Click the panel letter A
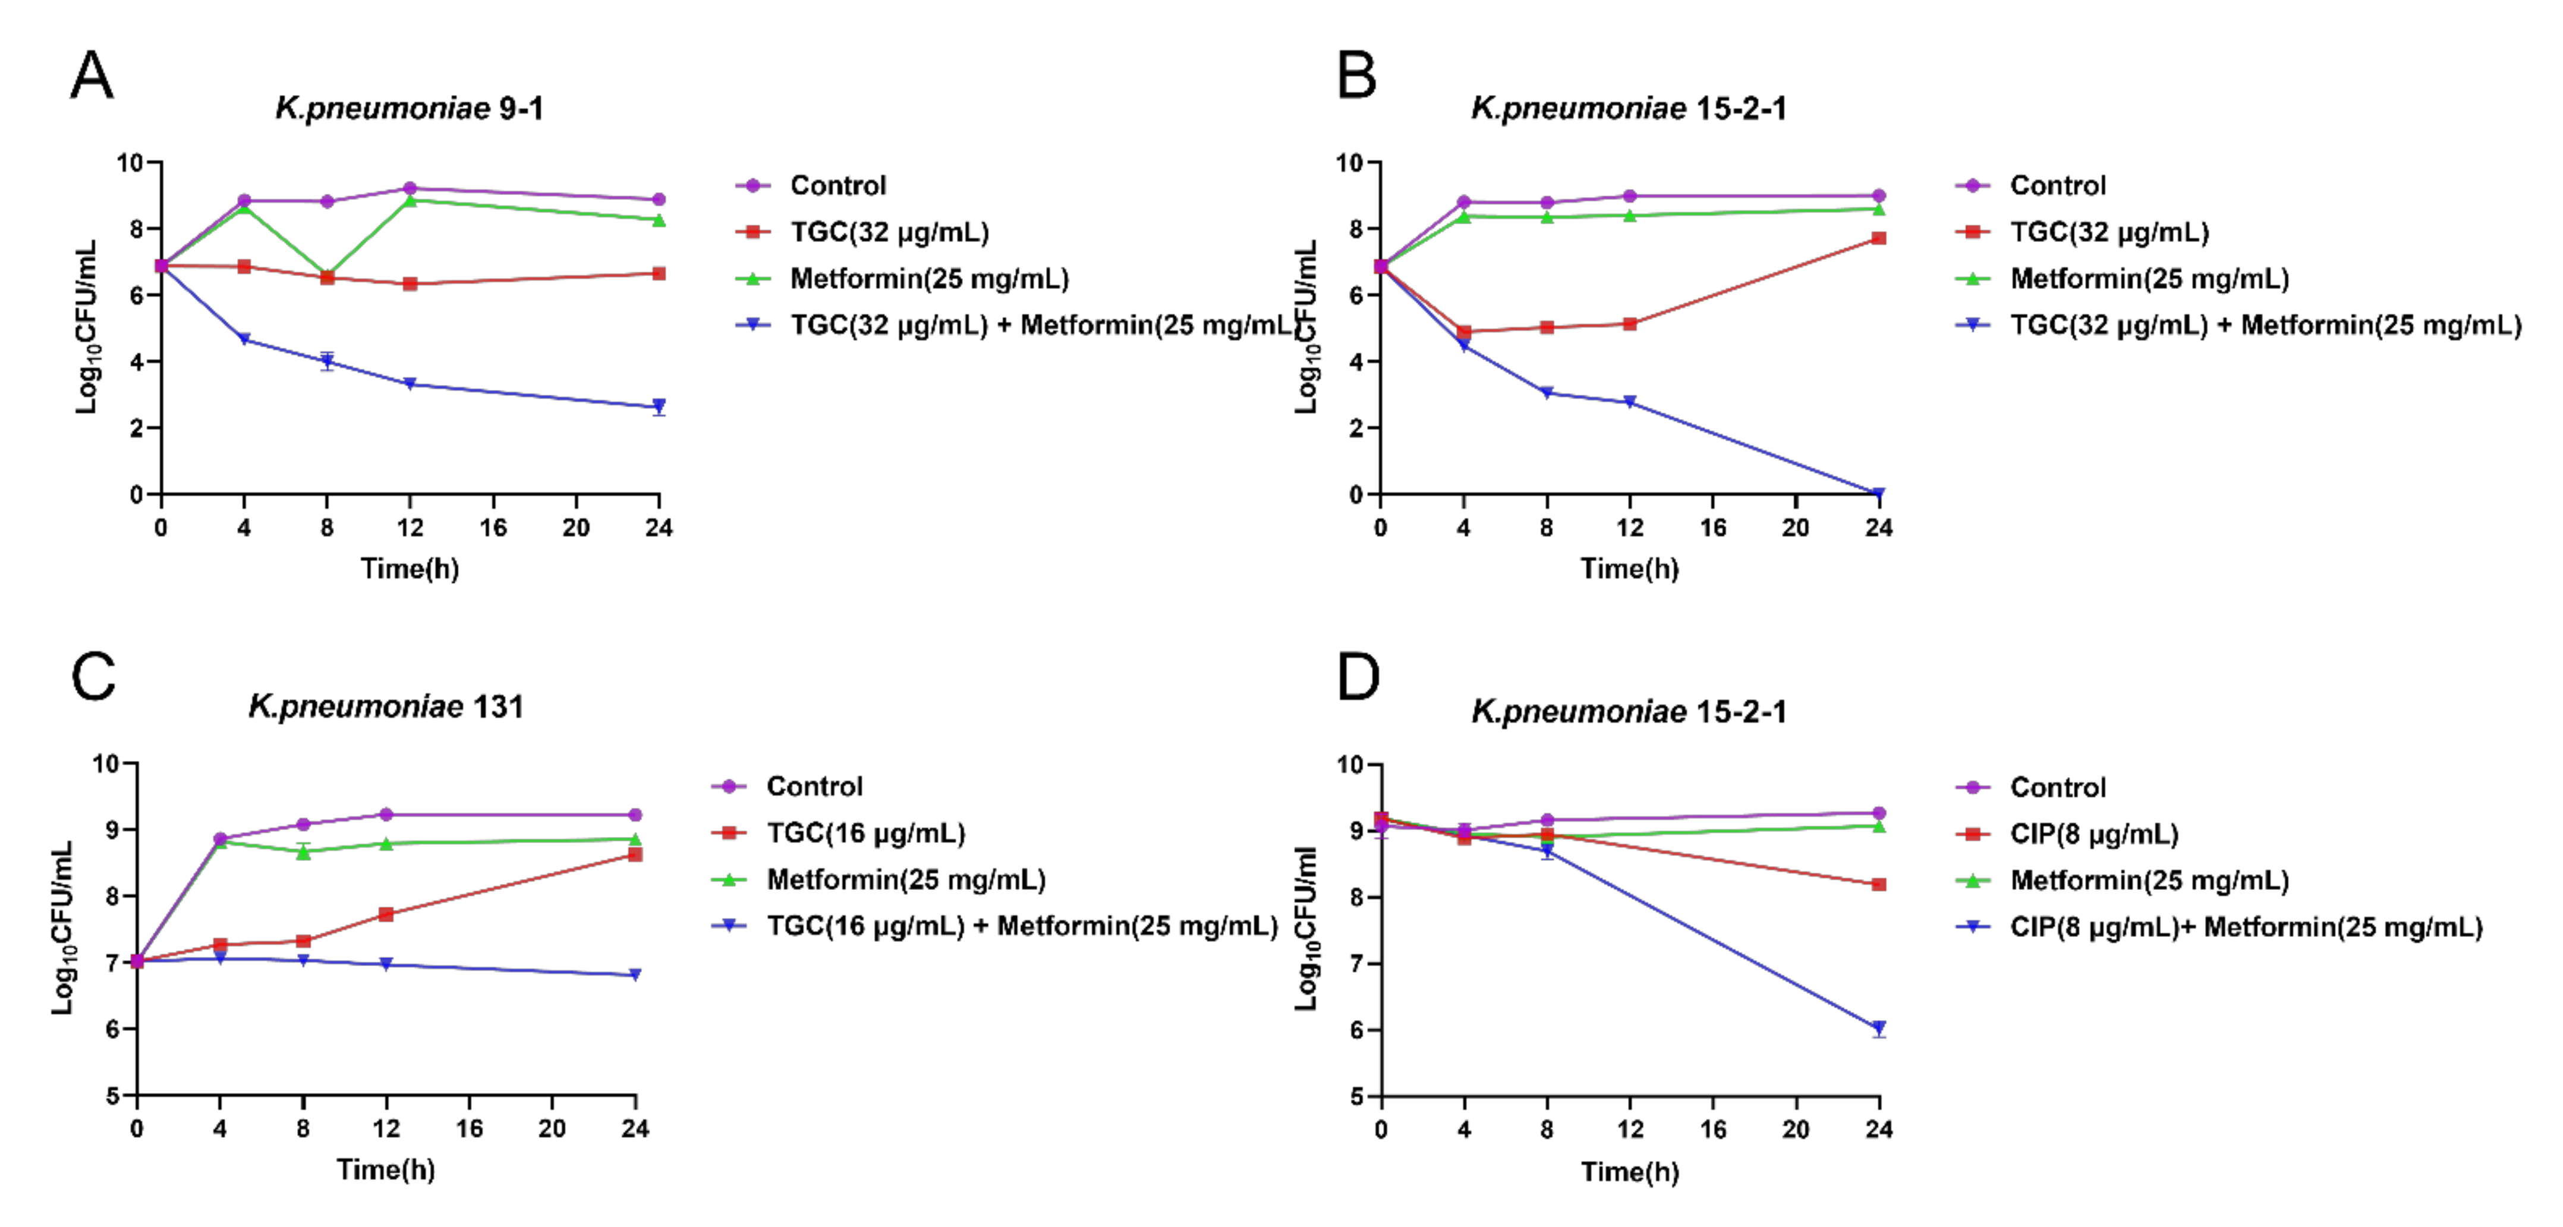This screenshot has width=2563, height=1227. click(92, 75)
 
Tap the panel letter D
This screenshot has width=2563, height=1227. click(1358, 679)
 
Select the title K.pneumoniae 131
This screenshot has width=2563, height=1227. click(385, 707)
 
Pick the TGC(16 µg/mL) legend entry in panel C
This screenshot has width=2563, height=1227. click(865, 833)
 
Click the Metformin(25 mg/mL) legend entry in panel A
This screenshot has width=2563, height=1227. click(928, 279)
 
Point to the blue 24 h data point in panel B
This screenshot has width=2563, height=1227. click(1878, 493)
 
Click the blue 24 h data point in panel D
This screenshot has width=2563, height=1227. click(1878, 1028)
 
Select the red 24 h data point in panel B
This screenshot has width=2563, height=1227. click(1878, 238)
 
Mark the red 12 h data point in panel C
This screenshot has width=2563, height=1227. click(386, 914)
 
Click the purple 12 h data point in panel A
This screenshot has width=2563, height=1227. click(410, 188)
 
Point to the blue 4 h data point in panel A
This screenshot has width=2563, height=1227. click(244, 339)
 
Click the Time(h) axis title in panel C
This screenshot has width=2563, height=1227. click(385, 1169)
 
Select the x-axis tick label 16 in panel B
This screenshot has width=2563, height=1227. click(1711, 528)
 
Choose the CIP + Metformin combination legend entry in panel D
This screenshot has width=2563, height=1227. click(2244, 927)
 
